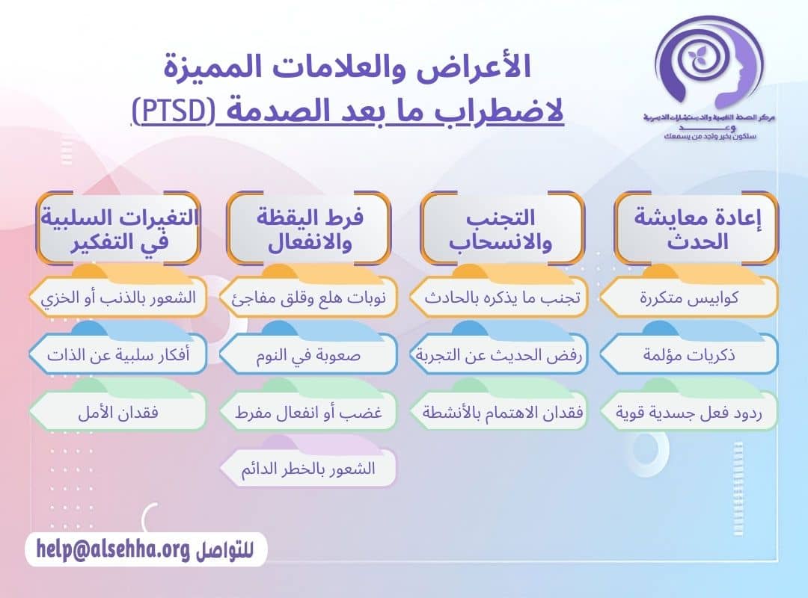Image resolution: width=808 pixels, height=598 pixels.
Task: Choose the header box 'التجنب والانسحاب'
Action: pos(502,229)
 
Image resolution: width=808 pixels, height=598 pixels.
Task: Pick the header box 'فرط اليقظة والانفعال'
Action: pos(309,229)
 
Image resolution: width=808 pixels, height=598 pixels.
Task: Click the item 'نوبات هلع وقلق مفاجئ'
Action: pos(308,298)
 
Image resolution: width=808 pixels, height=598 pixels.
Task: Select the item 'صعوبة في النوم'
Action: pos(308,355)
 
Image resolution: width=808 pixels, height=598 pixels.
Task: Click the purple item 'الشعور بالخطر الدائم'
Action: pos(308,469)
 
